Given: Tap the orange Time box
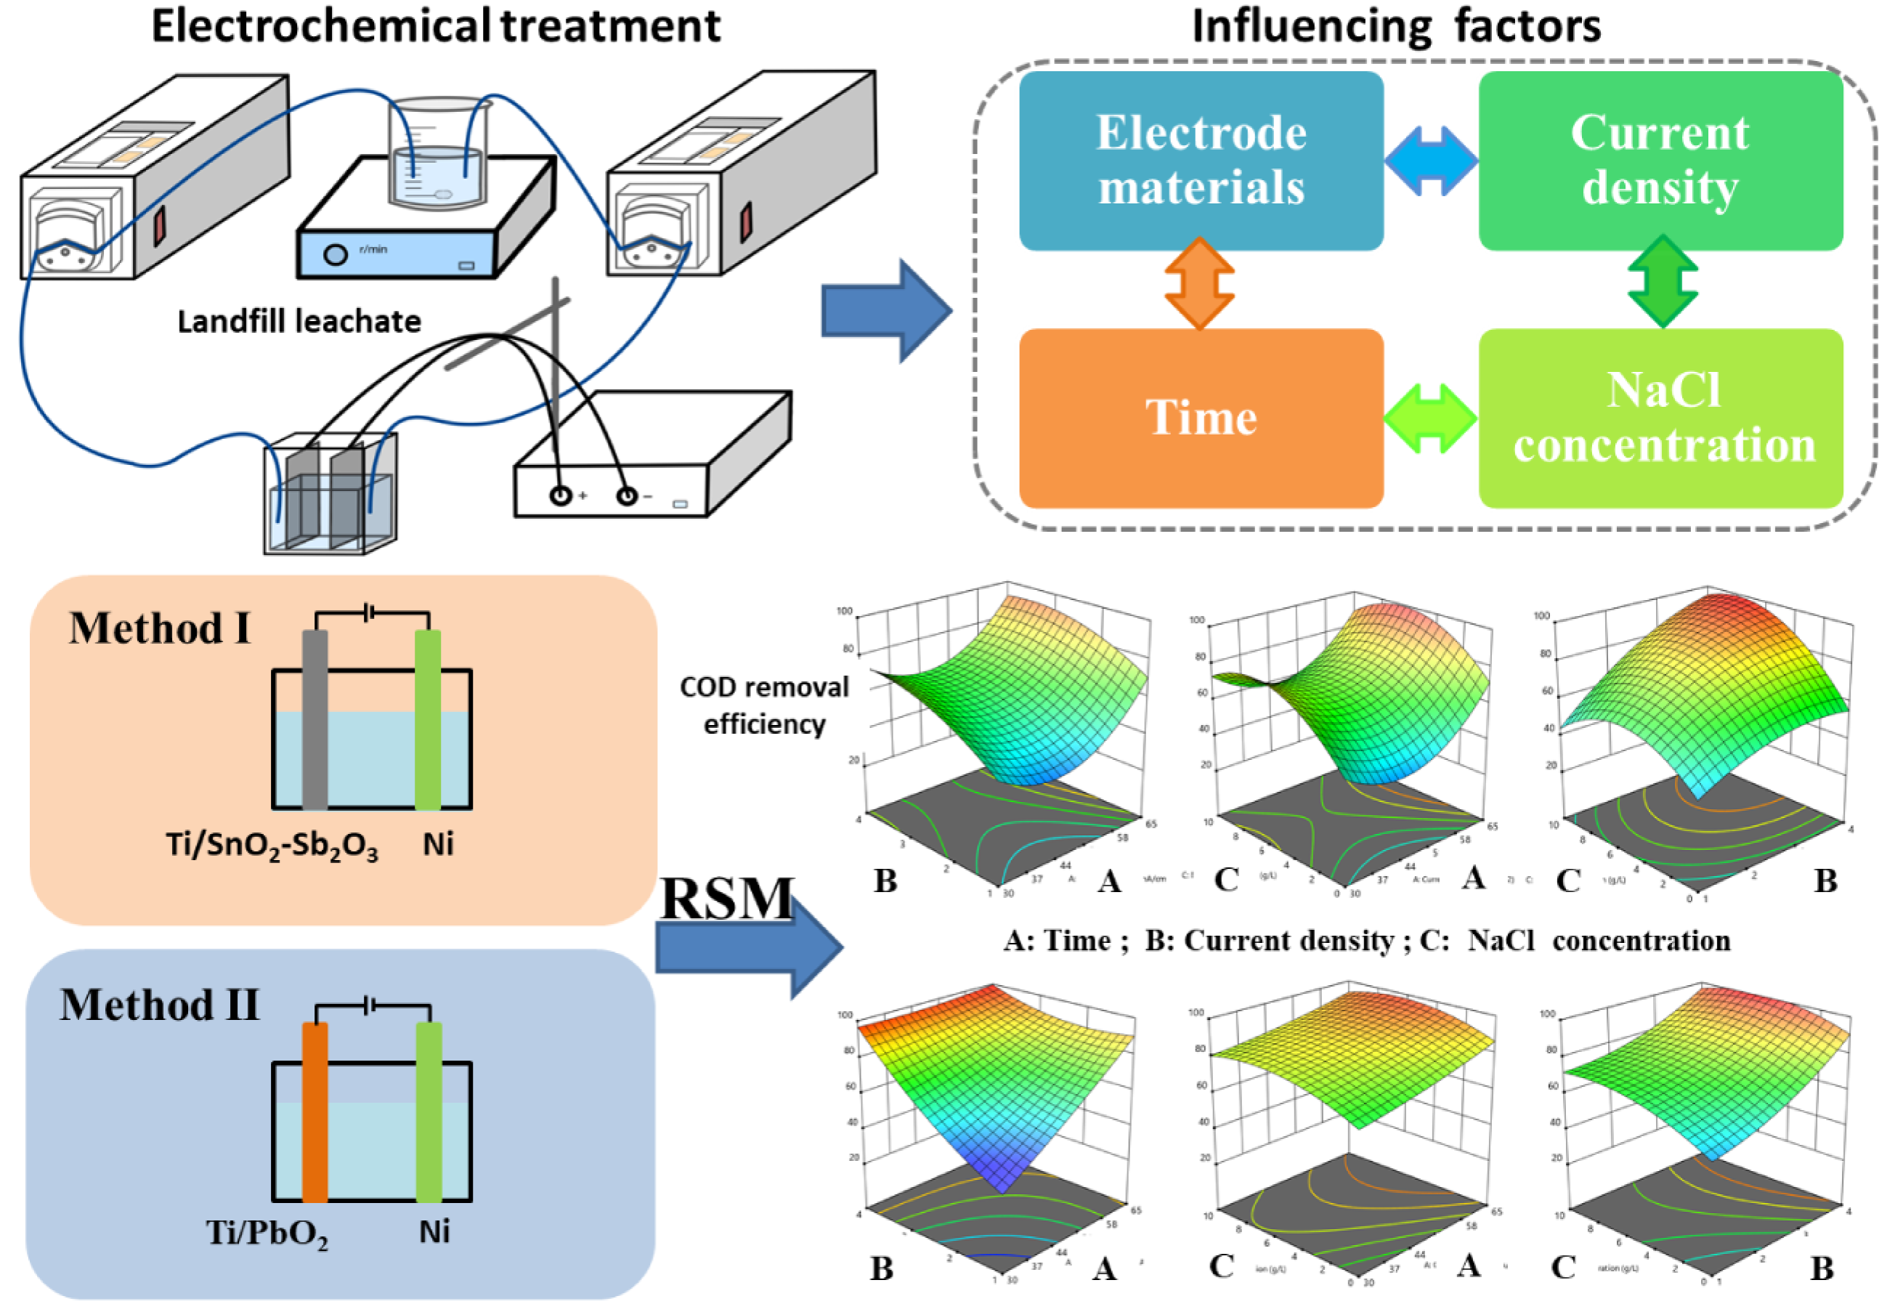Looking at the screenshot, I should click(1200, 418).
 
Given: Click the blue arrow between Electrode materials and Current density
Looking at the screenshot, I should click(1430, 161).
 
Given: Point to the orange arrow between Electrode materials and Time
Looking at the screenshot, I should click(1199, 283).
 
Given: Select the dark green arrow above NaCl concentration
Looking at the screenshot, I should click(1663, 281).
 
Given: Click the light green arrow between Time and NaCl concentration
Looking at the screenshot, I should click(1430, 418).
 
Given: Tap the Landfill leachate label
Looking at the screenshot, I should click(299, 322).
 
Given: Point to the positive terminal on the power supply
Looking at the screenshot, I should click(561, 495).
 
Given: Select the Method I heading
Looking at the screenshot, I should click(159, 628).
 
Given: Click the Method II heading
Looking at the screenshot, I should click(159, 1005).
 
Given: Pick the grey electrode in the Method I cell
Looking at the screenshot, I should click(314, 719).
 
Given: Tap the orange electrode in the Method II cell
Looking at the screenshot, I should click(314, 1111).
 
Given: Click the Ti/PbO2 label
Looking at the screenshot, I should click(267, 1232).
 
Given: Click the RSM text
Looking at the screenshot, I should click(726, 899).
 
